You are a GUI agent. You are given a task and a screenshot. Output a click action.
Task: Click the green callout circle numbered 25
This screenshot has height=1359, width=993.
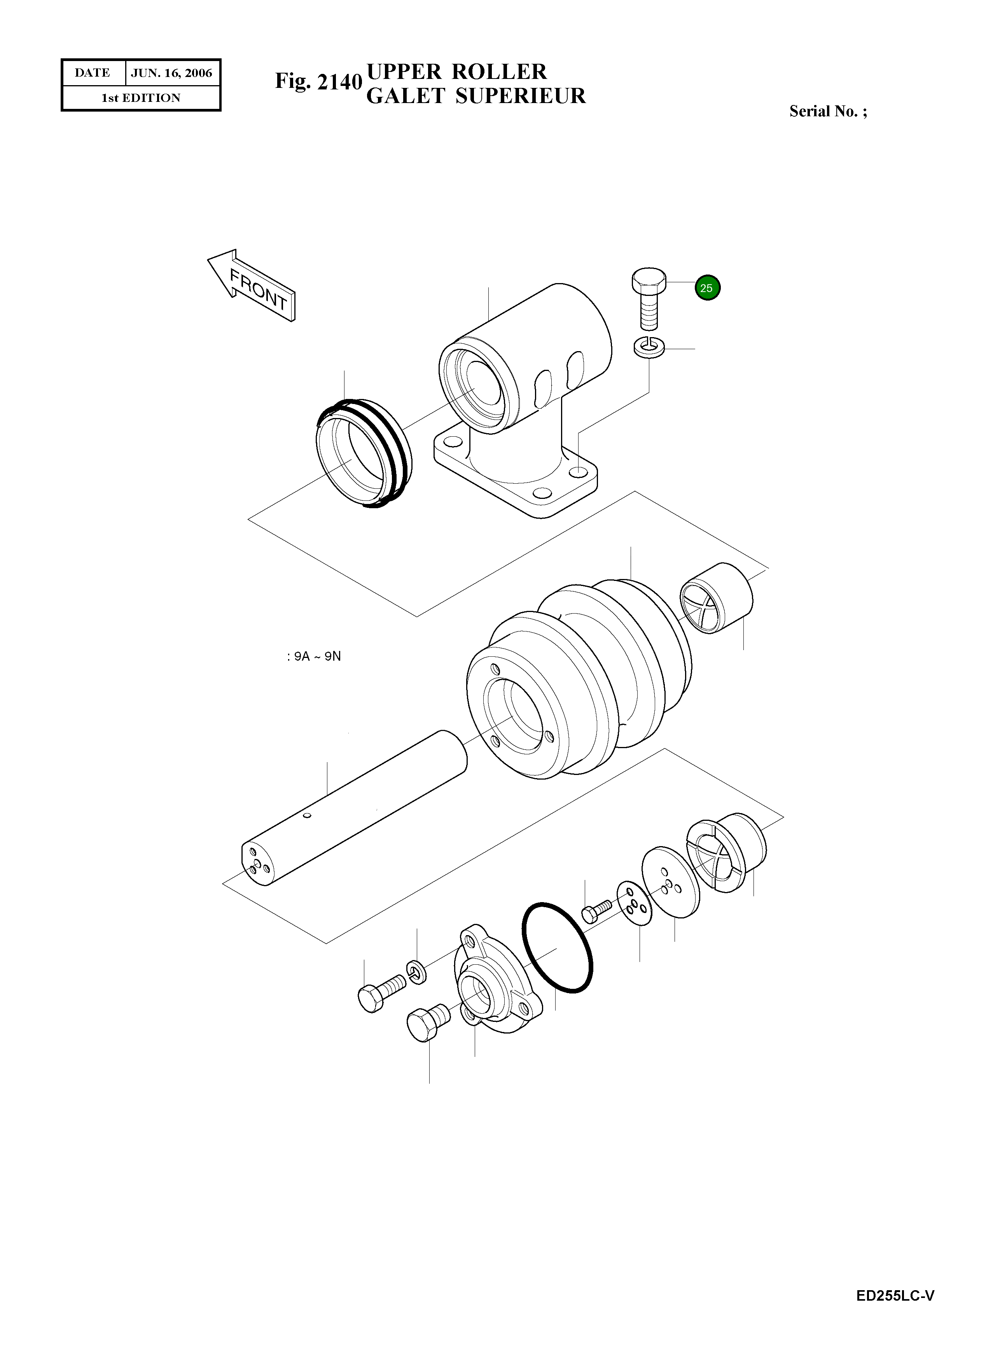tap(708, 288)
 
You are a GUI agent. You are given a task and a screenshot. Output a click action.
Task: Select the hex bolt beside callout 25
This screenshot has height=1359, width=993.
tap(649, 297)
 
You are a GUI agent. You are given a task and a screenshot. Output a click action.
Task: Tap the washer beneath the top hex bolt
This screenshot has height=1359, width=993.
tap(649, 347)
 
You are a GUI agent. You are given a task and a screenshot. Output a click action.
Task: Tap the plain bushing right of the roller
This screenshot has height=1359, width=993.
tap(717, 598)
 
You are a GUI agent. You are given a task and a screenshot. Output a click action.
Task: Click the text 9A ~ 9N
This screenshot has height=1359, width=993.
tap(314, 656)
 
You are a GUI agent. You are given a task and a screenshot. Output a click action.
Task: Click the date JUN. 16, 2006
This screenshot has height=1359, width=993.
tap(172, 73)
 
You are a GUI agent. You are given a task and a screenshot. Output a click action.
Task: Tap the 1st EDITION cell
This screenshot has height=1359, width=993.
tap(141, 98)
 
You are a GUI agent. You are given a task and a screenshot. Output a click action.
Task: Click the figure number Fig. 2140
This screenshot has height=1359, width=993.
tap(318, 81)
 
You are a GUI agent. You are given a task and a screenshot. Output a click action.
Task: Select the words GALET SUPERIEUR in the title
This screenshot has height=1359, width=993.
tap(476, 96)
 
